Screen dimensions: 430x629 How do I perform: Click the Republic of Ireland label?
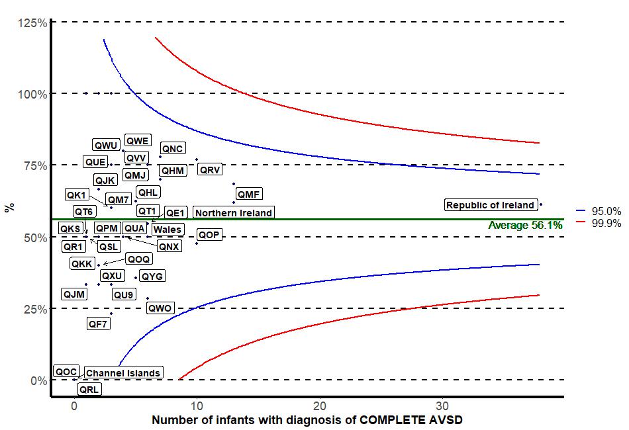pyautogui.click(x=490, y=205)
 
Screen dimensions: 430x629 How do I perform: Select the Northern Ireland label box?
pyautogui.click(x=234, y=213)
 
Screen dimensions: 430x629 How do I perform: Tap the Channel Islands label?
pyautogui.click(x=123, y=373)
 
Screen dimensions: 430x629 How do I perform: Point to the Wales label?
pyautogui.click(x=168, y=230)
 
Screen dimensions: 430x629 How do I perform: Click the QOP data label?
pyautogui.click(x=209, y=235)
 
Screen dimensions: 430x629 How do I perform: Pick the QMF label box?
pyautogui.click(x=249, y=194)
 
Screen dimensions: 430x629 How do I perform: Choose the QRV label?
pyautogui.click(x=211, y=170)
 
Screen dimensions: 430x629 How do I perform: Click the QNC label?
pyautogui.click(x=173, y=149)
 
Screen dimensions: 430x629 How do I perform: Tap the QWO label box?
pyautogui.click(x=160, y=308)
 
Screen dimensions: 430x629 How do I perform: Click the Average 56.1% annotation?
pyautogui.click(x=525, y=226)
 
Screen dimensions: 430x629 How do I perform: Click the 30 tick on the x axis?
pyautogui.click(x=442, y=406)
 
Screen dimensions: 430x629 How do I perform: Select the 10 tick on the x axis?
pyautogui.click(x=197, y=406)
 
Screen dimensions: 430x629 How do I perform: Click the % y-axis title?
pyautogui.click(x=9, y=208)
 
